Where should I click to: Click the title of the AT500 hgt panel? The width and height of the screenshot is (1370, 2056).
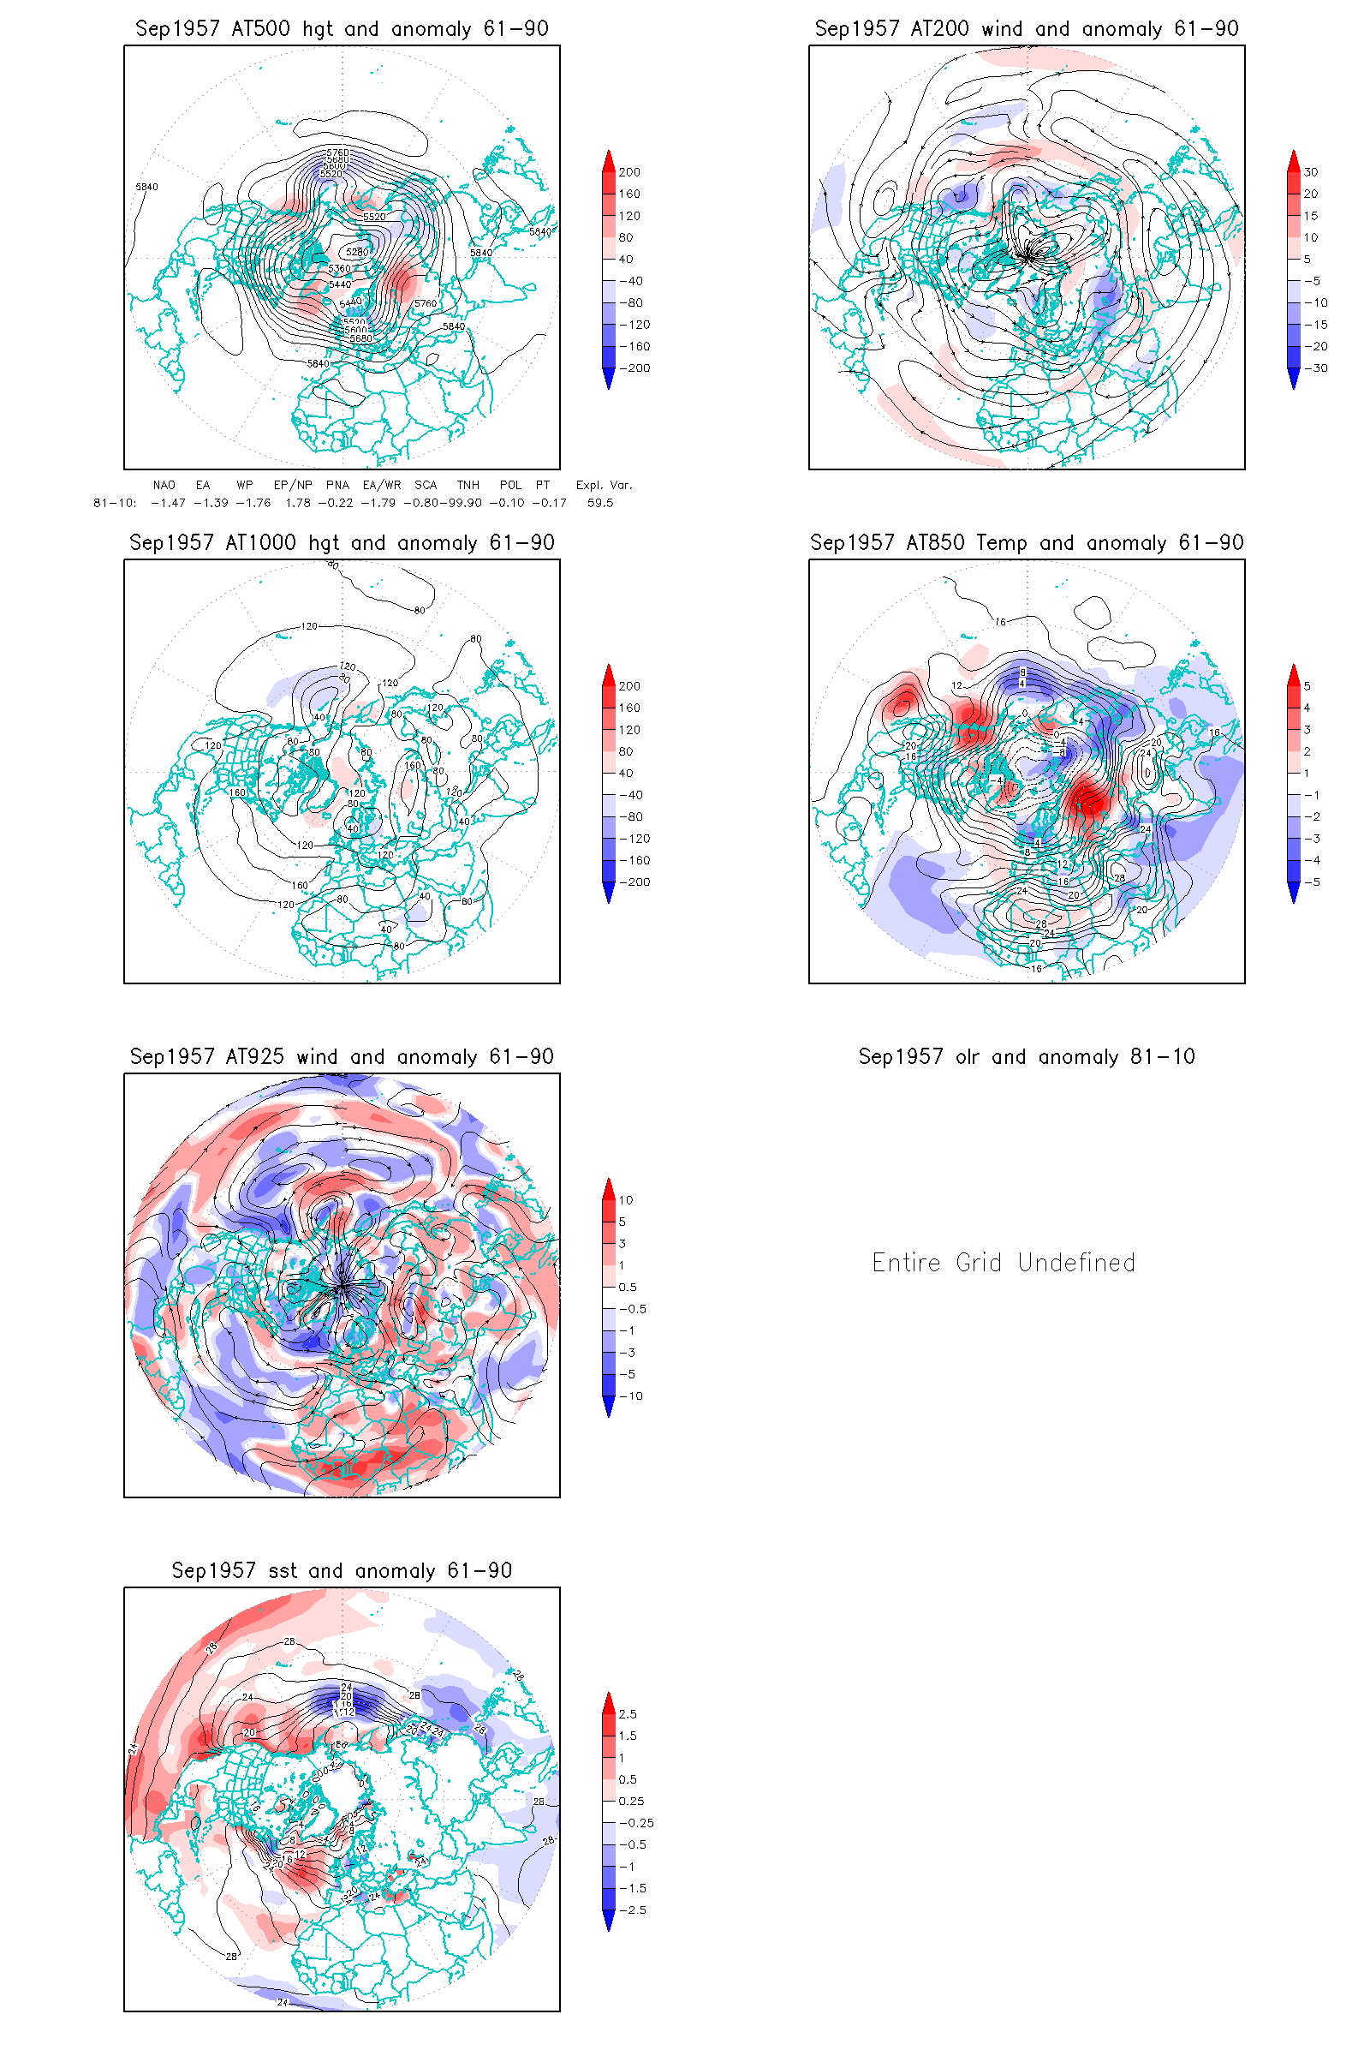342,29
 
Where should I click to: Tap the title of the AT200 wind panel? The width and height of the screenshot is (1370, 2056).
1026,29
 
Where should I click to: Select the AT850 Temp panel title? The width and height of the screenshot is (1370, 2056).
1026,543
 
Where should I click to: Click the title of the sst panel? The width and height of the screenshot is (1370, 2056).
342,1571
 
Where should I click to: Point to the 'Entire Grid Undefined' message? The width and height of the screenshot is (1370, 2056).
1003,1262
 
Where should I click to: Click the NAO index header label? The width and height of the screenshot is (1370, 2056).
164,485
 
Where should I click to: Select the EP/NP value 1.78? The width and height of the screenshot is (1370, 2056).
298,503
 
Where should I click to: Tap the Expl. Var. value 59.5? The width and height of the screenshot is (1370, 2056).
600,503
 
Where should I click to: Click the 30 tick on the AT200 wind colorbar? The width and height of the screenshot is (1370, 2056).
1311,172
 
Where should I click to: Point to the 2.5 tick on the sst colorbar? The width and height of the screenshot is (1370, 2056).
628,1714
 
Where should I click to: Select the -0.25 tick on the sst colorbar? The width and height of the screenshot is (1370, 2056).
636,1823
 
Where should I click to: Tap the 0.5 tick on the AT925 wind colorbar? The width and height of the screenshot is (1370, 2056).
628,1287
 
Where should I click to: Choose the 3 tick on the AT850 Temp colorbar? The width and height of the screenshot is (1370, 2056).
1307,729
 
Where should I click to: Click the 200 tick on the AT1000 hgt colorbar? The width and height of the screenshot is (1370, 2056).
629,686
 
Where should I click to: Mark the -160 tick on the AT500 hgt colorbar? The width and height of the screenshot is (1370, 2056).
635,346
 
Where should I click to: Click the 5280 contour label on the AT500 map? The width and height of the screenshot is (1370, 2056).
356,252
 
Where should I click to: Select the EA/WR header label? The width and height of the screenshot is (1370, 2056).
382,485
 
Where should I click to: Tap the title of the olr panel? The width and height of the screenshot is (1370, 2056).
1026,1057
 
